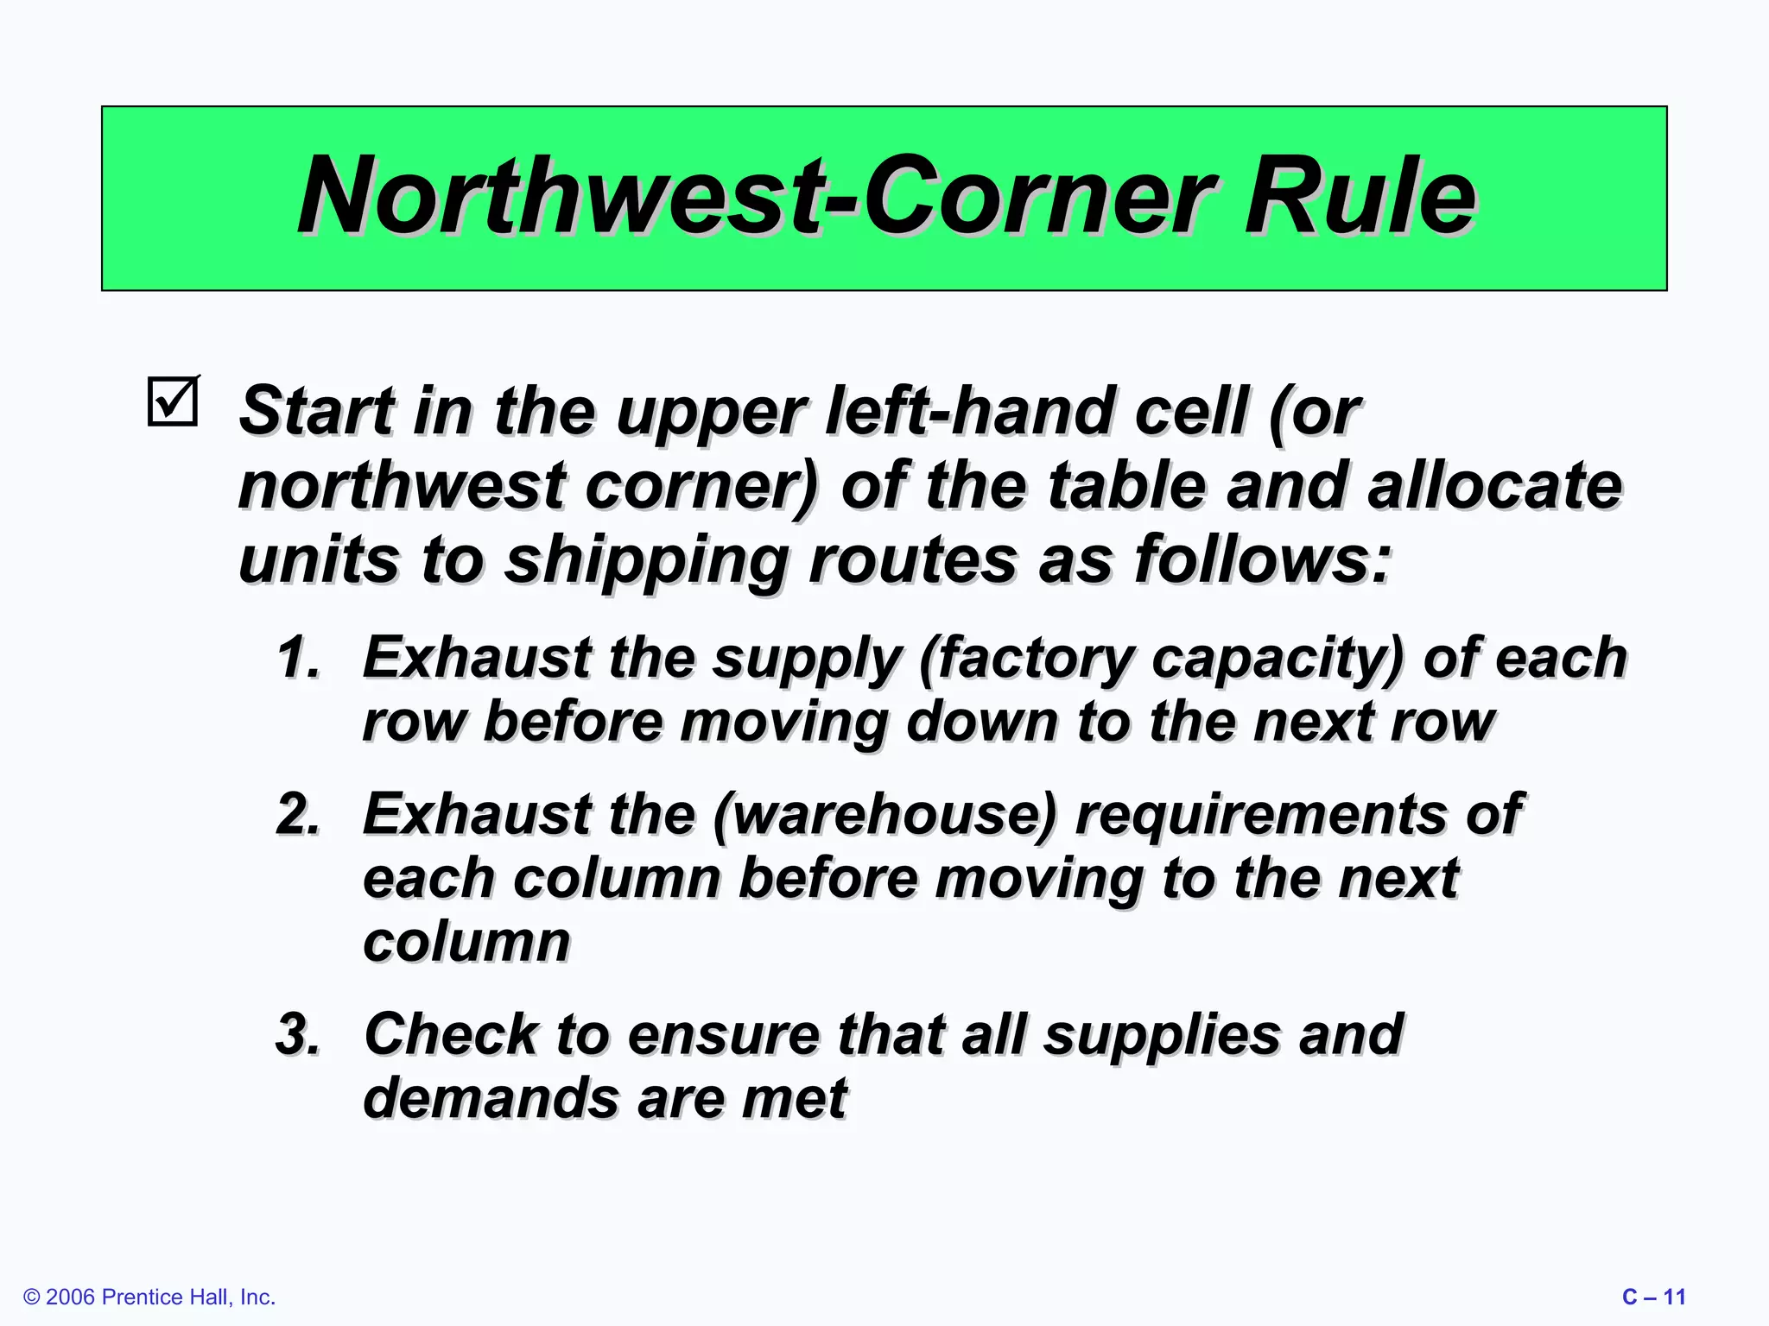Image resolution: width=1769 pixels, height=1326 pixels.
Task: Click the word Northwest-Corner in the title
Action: point(756,197)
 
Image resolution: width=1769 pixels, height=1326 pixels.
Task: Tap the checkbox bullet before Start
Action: point(174,401)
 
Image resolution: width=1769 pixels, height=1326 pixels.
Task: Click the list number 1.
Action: point(298,658)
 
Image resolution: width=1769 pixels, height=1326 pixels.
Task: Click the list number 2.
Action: point(298,814)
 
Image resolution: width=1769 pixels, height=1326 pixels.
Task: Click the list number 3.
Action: point(298,1034)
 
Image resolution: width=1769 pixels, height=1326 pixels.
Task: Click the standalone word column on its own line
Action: point(466,942)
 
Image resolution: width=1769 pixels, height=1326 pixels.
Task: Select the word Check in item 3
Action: point(450,1034)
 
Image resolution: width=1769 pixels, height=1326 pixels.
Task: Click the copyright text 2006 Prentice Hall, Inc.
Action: point(149,1297)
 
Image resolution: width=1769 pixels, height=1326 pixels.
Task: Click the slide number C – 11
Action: point(1653,1297)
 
